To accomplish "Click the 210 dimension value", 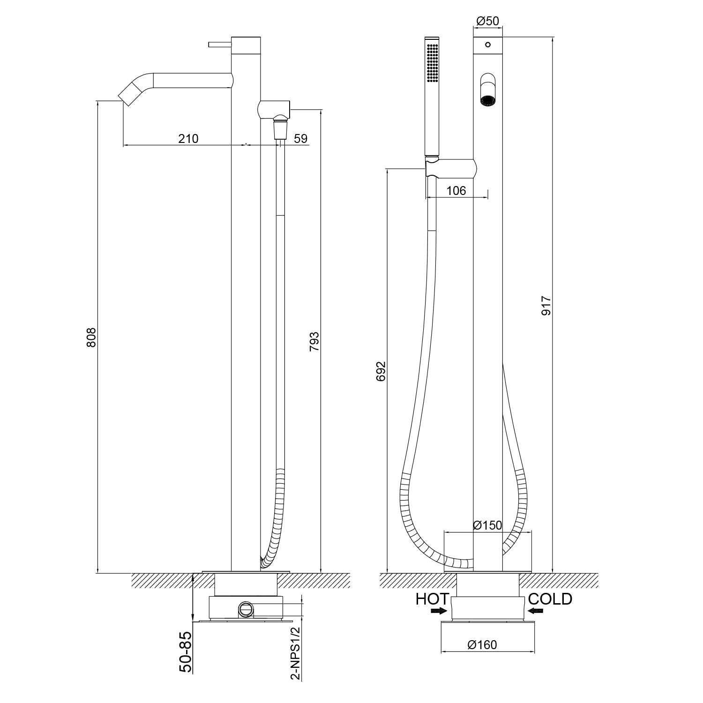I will tap(188, 139).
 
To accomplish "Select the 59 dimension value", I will tap(300, 139).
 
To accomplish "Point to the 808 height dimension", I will tap(91, 337).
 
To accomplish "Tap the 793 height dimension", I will tap(314, 341).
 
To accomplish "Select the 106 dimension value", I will tap(456, 191).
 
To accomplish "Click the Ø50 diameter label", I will tap(487, 21).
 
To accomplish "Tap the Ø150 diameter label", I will tap(487, 525).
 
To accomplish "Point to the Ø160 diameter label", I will tap(482, 645).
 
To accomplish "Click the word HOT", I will tap(432, 599).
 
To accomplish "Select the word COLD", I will tap(550, 599).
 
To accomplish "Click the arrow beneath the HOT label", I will tap(439, 611).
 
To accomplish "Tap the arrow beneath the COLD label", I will tap(535, 611).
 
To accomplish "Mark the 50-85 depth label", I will tap(186, 652).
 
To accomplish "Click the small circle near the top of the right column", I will tap(488, 45).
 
